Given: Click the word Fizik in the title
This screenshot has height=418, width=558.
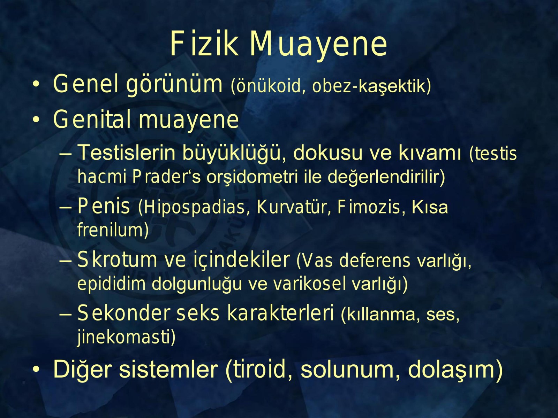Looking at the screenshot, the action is [x=204, y=44].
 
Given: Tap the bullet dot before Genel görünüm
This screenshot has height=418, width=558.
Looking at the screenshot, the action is [x=36, y=85].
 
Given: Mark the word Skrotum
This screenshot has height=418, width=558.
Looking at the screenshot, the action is [x=117, y=260].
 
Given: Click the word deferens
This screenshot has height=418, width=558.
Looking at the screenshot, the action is [x=375, y=261].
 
